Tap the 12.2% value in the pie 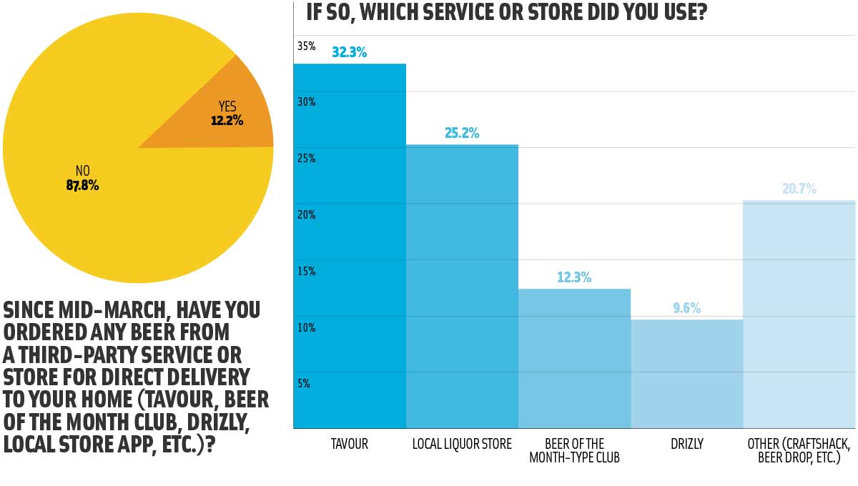tap(227, 121)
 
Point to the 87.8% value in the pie tap(82, 186)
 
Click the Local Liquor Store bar tap(462, 286)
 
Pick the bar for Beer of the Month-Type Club tap(574, 357)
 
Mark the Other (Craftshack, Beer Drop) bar tap(799, 314)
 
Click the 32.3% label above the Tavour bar tap(349, 52)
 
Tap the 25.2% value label tap(462, 133)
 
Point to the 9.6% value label tap(686, 309)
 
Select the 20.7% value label tap(799, 189)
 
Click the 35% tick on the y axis tap(306, 46)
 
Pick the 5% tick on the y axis tap(304, 384)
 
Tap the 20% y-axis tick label tap(306, 215)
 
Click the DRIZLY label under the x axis tap(686, 445)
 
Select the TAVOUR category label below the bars tap(350, 445)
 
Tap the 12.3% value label tap(574, 277)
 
